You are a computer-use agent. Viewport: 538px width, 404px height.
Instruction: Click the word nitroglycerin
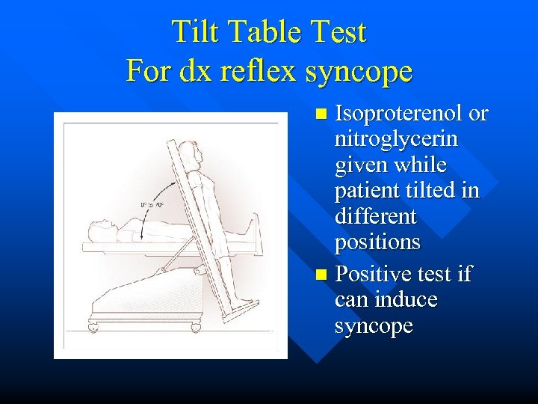click(397, 139)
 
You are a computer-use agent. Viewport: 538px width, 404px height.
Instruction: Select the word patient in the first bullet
click(367, 191)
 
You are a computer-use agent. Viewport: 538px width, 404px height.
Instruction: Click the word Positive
click(374, 275)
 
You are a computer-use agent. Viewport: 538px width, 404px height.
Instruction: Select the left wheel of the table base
click(93, 327)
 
